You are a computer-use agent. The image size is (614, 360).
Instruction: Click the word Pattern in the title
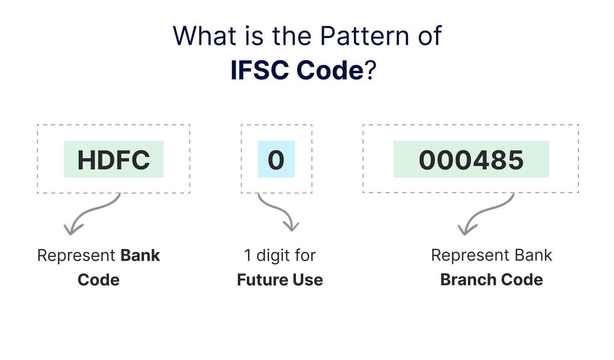[x=365, y=36]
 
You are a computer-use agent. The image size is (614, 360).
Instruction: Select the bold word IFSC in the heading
[x=260, y=70]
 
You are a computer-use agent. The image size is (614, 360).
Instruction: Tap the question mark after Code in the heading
[x=370, y=70]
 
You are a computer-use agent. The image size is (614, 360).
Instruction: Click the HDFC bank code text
[x=114, y=160]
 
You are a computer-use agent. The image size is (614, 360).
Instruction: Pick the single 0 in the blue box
[x=276, y=160]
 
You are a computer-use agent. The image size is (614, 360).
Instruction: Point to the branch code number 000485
[x=471, y=160]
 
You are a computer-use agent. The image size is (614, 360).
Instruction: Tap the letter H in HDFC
[x=87, y=160]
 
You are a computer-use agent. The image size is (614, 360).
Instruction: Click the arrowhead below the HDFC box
[x=72, y=229]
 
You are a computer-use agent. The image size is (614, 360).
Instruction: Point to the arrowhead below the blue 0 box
[x=291, y=226]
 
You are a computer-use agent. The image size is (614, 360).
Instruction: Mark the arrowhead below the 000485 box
[x=467, y=229]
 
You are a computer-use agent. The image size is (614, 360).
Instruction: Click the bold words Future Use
[x=280, y=280]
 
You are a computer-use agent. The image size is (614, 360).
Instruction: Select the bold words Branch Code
[x=492, y=280]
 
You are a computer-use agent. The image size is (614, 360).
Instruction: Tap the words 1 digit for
[x=280, y=255]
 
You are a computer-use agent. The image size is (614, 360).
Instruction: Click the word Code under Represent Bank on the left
[x=99, y=280]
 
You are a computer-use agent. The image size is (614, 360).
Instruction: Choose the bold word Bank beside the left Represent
[x=140, y=255]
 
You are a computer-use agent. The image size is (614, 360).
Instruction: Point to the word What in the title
[x=205, y=36]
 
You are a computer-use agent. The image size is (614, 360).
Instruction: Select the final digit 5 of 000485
[x=515, y=160]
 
